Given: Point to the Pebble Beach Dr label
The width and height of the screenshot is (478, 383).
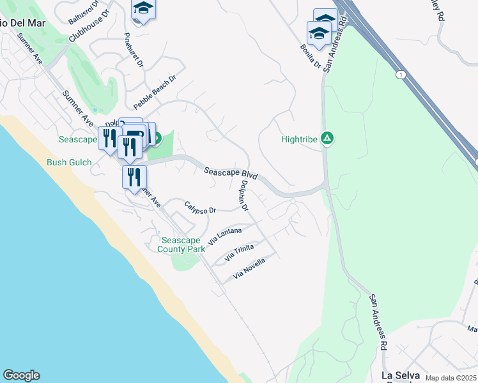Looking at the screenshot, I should click(x=154, y=91).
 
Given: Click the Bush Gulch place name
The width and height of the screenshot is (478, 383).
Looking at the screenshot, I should click(x=69, y=162).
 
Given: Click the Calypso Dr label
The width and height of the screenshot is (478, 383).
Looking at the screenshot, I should click(x=201, y=207).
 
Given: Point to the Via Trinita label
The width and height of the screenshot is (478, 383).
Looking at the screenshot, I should click(x=239, y=253).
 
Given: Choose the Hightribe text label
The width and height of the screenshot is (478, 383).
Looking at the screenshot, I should click(x=299, y=139).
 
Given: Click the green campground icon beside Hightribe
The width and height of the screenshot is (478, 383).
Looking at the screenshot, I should click(x=327, y=137).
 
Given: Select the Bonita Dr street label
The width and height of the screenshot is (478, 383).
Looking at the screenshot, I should click(x=309, y=56).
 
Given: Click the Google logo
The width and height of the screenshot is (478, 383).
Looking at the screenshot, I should click(x=21, y=375).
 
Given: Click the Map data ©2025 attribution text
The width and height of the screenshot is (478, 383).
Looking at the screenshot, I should click(x=451, y=379).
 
